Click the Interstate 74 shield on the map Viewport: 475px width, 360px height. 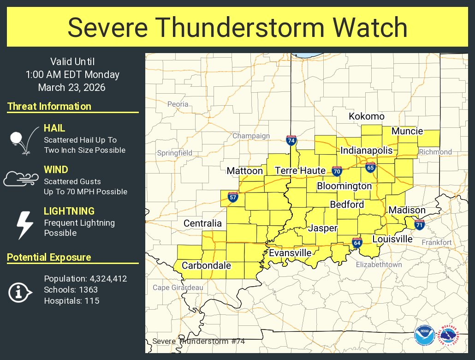tap(291, 140)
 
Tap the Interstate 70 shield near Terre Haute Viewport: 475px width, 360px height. tap(337, 171)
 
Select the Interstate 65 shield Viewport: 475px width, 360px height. tap(370, 167)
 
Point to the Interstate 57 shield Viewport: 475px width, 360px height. tap(233, 198)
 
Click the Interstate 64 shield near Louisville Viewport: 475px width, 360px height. tap(356, 243)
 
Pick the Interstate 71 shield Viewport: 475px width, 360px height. tap(419, 225)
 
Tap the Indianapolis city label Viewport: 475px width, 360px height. tap(367, 150)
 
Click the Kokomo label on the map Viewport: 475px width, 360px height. tap(366, 116)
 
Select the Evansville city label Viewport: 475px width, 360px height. tap(290, 253)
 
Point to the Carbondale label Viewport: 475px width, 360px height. tap(206, 265)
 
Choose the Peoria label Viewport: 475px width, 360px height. tap(178, 104)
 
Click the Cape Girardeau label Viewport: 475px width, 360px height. tap(178, 288)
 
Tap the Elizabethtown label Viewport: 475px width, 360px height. tap(379, 264)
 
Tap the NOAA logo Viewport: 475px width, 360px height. tap(424, 336)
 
